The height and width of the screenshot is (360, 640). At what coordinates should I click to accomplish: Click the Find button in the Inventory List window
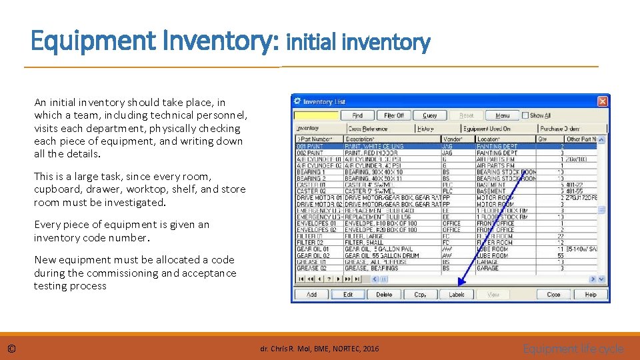click(x=357, y=115)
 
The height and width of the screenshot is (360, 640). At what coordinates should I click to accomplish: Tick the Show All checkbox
click(x=525, y=115)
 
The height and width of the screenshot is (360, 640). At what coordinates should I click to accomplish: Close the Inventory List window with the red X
click(x=602, y=101)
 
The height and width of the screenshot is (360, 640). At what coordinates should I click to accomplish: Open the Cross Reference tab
click(x=367, y=129)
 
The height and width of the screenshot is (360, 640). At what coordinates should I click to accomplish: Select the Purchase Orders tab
click(x=560, y=129)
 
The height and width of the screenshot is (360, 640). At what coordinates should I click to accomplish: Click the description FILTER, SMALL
click(x=364, y=243)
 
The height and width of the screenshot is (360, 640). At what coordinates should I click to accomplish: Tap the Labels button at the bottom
click(x=457, y=294)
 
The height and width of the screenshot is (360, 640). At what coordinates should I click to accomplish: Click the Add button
click(x=311, y=294)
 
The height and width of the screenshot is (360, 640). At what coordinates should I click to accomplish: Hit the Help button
click(x=590, y=294)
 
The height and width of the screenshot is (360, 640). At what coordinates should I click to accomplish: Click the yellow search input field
click(x=317, y=115)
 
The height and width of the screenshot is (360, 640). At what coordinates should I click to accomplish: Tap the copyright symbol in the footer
click(x=12, y=349)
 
